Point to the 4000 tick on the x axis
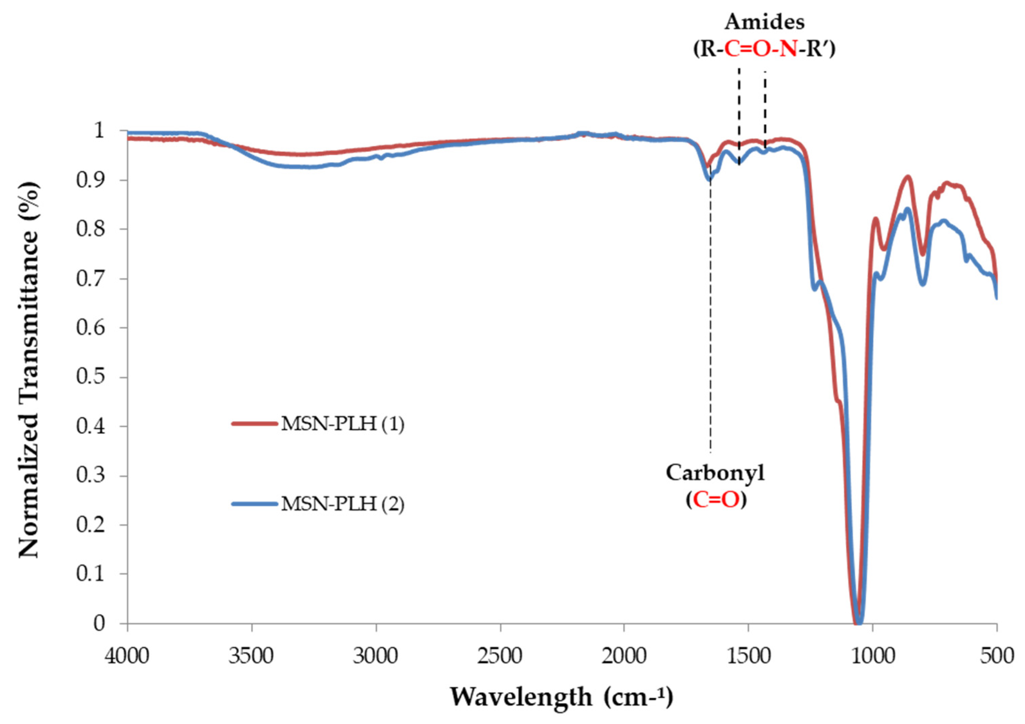click(128, 657)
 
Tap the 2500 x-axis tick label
click(500, 657)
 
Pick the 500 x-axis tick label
click(997, 657)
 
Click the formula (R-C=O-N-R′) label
click(764, 49)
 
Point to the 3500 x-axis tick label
click(252, 657)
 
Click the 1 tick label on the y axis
click(99, 131)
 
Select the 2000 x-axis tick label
click(624, 657)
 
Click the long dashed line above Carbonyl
click(710, 313)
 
